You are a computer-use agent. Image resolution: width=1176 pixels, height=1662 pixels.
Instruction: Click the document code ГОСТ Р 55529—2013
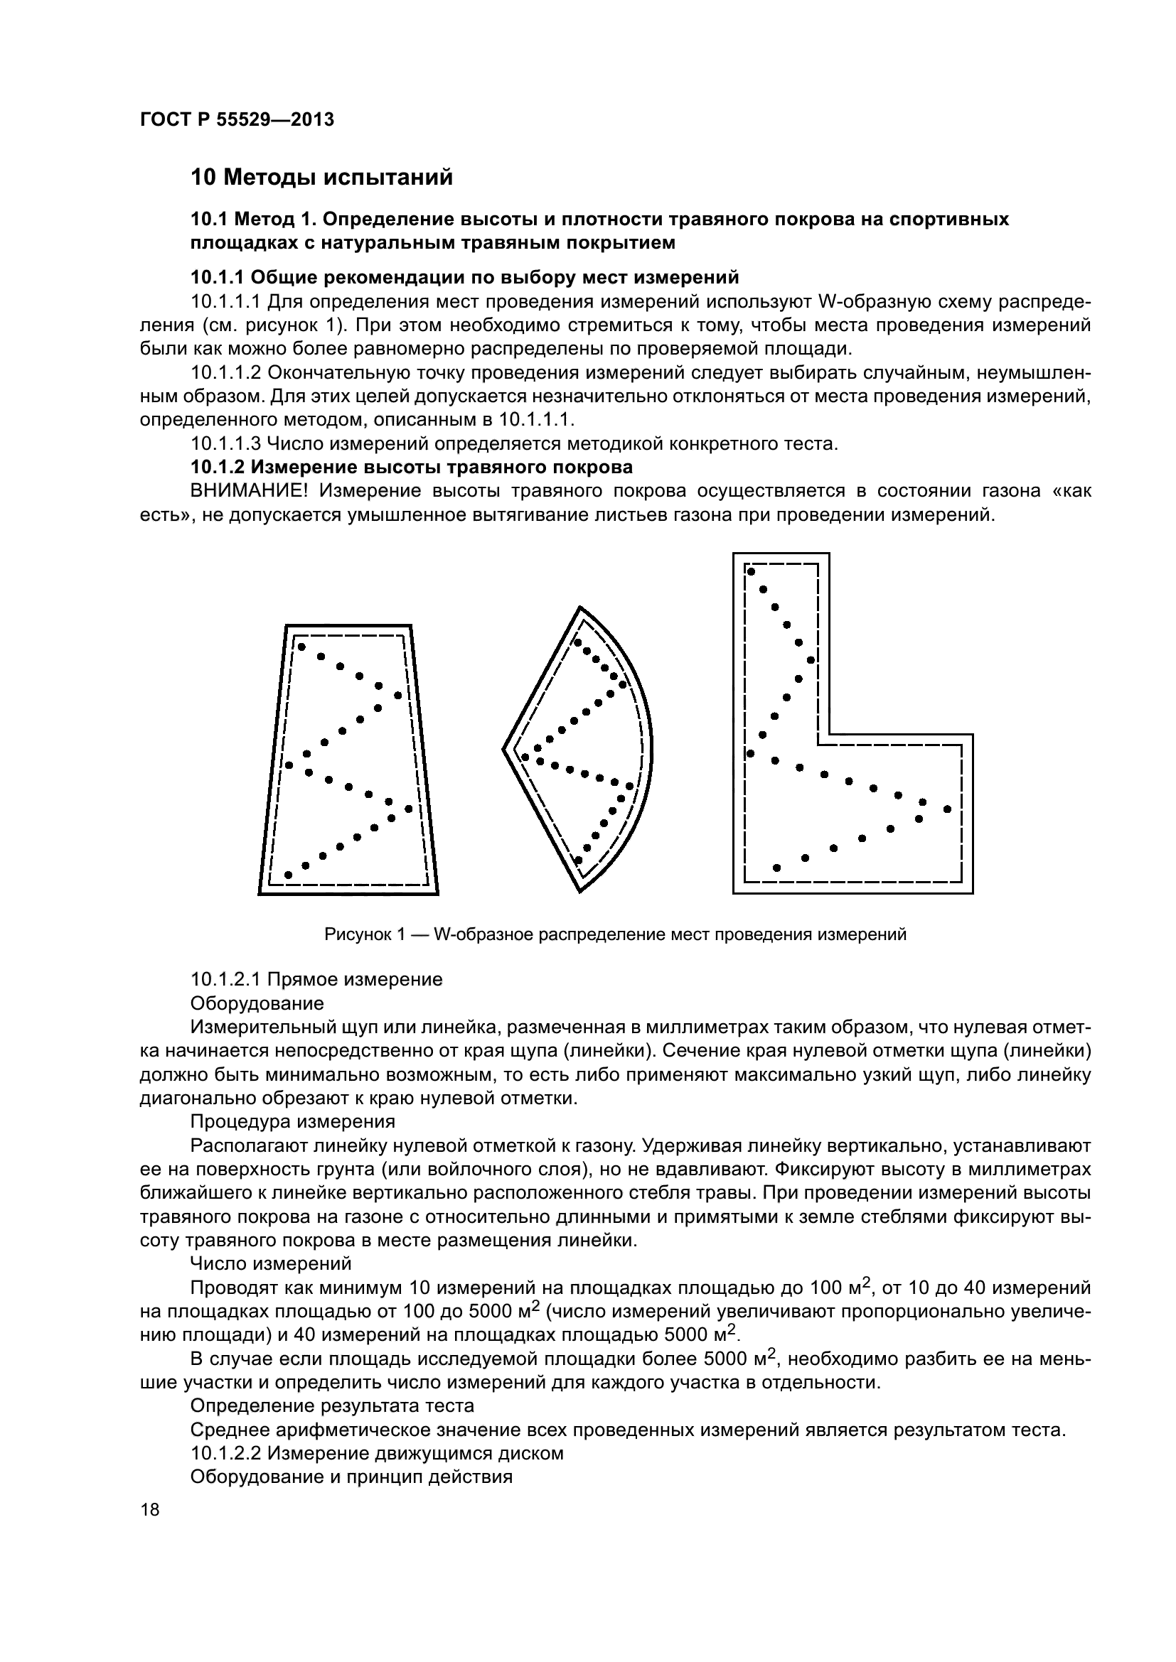tap(237, 120)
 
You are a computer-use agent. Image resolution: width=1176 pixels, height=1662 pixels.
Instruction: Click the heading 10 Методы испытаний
tap(321, 178)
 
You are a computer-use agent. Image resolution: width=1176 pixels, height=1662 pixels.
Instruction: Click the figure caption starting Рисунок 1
tap(615, 934)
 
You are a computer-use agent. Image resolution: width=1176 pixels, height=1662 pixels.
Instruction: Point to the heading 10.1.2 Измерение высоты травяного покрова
tap(411, 467)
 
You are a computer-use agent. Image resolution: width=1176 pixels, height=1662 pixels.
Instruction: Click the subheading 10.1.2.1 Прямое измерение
tap(316, 979)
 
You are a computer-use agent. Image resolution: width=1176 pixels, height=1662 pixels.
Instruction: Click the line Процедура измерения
tap(292, 1122)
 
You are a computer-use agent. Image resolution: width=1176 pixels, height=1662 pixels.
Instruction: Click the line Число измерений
tap(270, 1264)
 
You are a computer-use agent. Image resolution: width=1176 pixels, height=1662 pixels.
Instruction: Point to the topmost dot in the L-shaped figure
tap(751, 572)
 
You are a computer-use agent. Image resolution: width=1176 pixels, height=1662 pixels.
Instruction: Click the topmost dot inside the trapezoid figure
tap(301, 647)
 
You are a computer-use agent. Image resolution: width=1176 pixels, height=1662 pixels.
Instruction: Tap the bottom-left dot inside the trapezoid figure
tap(288, 875)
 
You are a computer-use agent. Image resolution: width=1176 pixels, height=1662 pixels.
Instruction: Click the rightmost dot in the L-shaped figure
tap(947, 809)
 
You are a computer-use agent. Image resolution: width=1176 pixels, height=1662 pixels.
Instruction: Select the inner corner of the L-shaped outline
tap(829, 735)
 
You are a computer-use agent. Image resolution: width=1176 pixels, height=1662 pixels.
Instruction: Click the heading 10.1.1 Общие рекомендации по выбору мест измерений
tap(464, 278)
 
